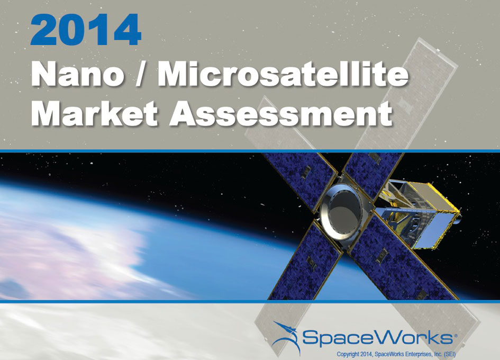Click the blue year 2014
click(x=86, y=30)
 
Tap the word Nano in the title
click(x=77, y=75)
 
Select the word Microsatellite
click(x=283, y=74)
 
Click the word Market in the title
click(x=94, y=113)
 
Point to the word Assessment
click(x=280, y=114)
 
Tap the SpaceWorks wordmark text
click(x=377, y=337)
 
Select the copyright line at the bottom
click(x=396, y=354)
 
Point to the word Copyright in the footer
click(x=348, y=354)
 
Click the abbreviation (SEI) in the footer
click(x=450, y=354)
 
